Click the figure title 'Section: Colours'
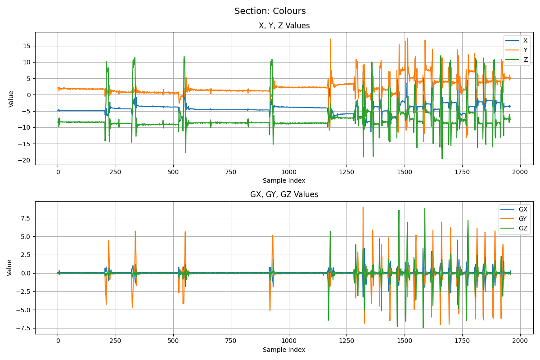pyautogui.click(x=270, y=11)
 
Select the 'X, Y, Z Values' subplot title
pyautogui.click(x=284, y=26)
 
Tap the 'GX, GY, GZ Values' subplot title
pyautogui.click(x=284, y=194)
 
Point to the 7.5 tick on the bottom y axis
pyautogui.click(x=25, y=218)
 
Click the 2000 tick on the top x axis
pyautogui.click(x=520, y=172)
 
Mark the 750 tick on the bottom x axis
pyautogui.click(x=231, y=341)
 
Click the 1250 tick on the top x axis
pyautogui.click(x=346, y=172)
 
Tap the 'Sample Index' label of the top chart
pyautogui.click(x=284, y=180)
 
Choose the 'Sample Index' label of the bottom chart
pyautogui.click(x=284, y=350)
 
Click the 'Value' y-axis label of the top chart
pyautogui.click(x=11, y=99)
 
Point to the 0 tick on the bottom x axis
pyautogui.click(x=58, y=341)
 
